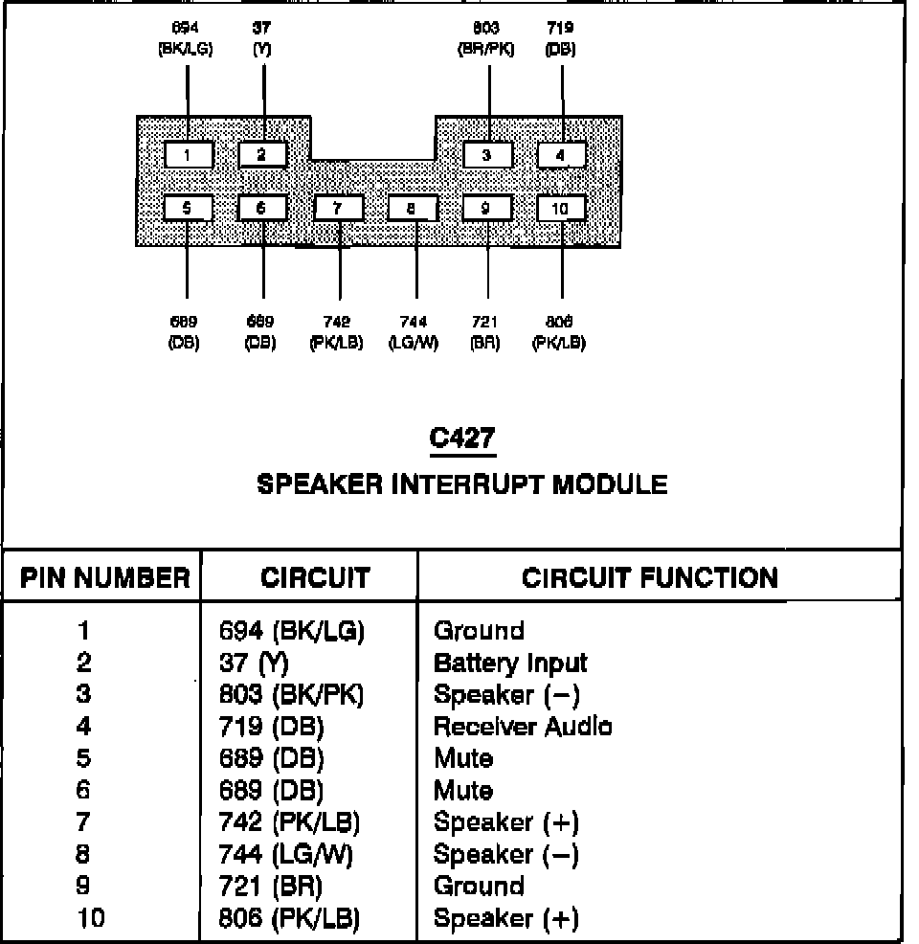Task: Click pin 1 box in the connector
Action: [188, 154]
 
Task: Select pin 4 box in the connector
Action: [561, 154]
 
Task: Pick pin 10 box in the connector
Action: [561, 208]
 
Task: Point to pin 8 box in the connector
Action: [413, 208]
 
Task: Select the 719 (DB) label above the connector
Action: [560, 39]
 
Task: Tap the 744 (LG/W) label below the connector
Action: [414, 332]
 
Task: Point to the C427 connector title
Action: [462, 438]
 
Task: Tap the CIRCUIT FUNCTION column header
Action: [650, 577]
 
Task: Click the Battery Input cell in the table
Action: [510, 663]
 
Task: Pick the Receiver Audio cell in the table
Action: [523, 727]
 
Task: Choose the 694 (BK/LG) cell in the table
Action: [293, 631]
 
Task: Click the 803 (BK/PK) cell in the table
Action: [292, 694]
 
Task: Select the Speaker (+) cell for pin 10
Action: [506, 919]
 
